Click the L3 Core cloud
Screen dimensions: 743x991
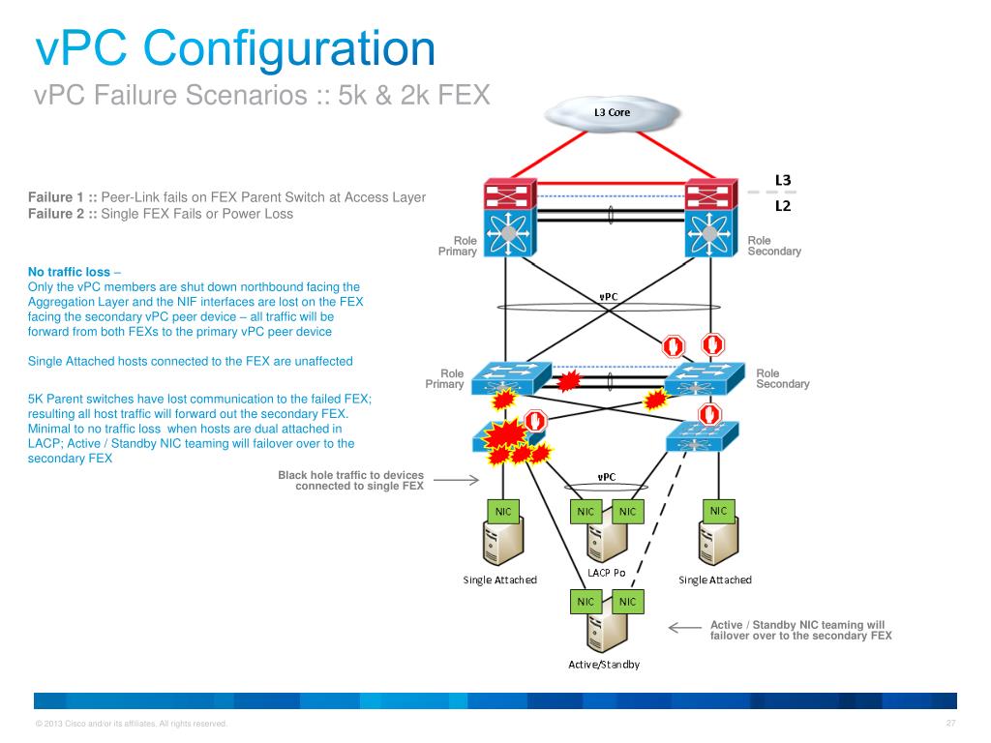(x=612, y=112)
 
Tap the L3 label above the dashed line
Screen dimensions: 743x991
(x=783, y=180)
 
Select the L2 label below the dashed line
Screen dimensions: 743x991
(x=783, y=205)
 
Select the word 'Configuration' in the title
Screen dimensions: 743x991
(x=291, y=48)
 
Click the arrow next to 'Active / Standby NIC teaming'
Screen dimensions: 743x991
(x=685, y=628)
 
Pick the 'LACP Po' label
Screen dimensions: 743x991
(x=606, y=573)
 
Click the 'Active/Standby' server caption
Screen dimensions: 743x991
(x=604, y=665)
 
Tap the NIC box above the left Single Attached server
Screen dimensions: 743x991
(x=504, y=511)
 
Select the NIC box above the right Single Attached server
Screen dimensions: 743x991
(x=718, y=511)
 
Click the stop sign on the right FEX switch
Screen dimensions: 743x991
(x=712, y=415)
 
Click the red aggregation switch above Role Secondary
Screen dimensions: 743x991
(x=711, y=197)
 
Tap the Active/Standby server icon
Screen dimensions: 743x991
(x=606, y=635)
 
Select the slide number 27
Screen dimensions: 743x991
(x=950, y=724)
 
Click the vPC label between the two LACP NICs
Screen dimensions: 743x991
(x=607, y=476)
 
